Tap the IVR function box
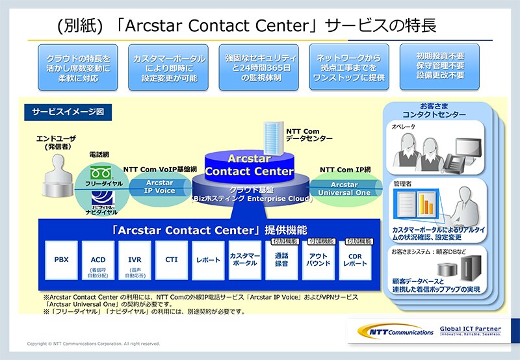tap(135, 260)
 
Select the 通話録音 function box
tap(281, 261)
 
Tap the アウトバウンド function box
tap(318, 261)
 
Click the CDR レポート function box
tap(355, 261)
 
